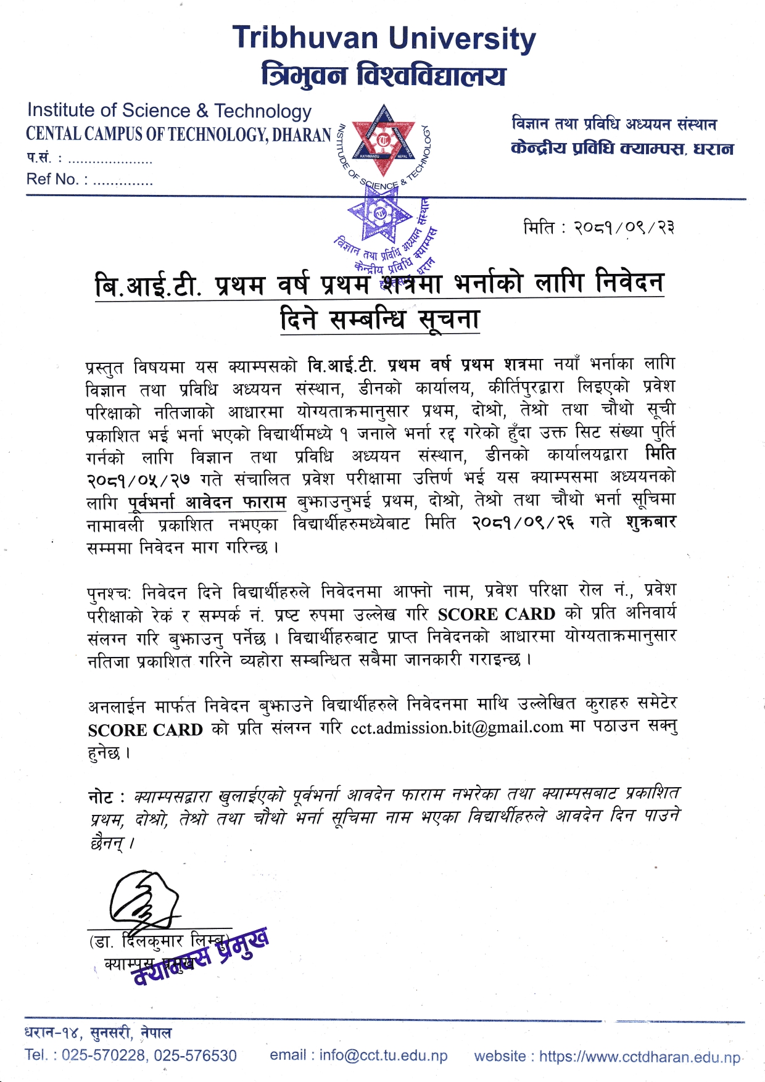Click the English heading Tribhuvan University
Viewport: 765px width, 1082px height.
coord(384,38)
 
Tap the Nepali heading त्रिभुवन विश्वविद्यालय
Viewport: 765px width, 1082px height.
coord(384,75)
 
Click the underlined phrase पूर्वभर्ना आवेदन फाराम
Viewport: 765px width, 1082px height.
coord(208,502)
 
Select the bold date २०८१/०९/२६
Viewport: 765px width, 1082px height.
coord(523,523)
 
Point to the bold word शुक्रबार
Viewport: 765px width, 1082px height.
coord(651,522)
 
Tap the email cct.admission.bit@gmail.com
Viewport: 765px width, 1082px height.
coord(457,728)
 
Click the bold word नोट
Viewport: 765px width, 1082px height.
coord(101,798)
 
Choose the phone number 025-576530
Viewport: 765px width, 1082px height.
coord(195,1055)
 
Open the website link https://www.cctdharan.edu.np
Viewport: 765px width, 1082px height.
coord(640,1057)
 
